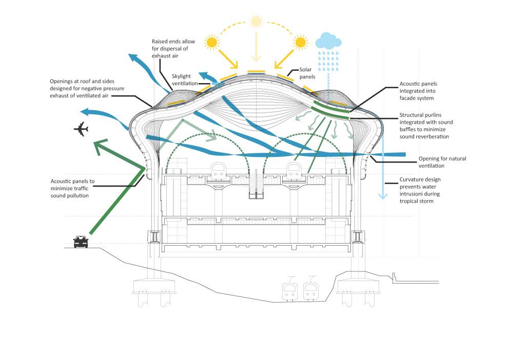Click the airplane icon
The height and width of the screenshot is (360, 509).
pos(81,130)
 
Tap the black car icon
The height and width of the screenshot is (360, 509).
pos(81,241)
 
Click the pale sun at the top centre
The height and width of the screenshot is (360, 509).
pos(256,22)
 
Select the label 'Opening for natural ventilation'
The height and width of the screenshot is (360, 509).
pos(442,162)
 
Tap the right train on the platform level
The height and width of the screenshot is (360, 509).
pos(294,171)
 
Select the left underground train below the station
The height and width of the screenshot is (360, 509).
pos(290,291)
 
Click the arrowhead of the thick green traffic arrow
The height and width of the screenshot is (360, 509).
pos(101,146)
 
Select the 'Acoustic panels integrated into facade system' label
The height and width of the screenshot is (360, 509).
pos(425,90)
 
